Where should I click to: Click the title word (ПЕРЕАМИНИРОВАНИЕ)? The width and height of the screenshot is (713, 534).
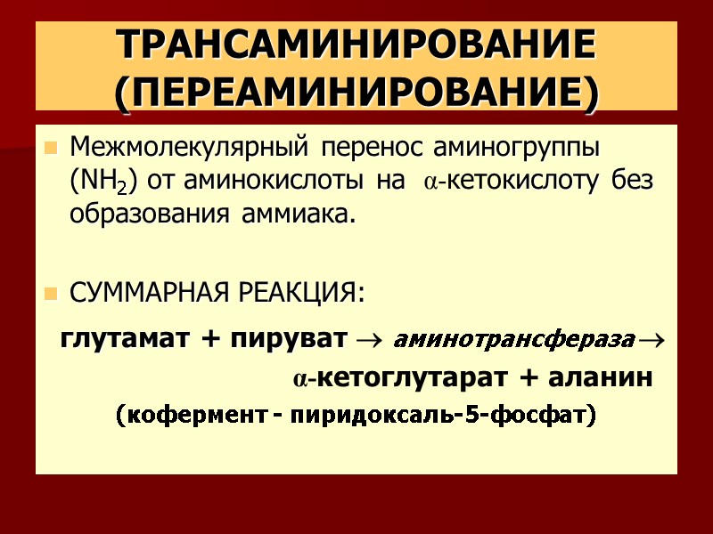click(x=356, y=92)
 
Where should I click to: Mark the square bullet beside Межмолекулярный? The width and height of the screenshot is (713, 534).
click(x=51, y=146)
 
